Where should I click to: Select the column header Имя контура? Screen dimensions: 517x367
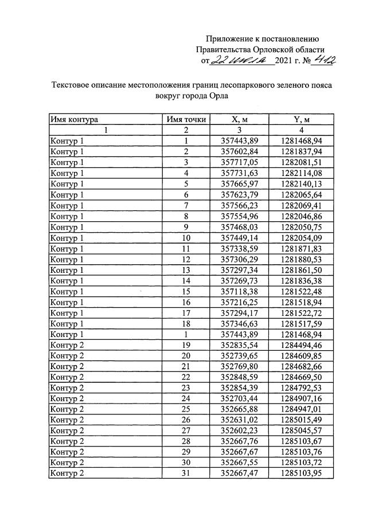point(74,119)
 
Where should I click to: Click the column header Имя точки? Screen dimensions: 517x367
point(186,119)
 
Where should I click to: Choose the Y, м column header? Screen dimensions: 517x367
point(302,119)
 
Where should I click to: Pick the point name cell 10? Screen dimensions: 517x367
point(186,237)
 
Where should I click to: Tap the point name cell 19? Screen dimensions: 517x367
point(186,345)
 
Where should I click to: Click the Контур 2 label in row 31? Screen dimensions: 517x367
point(67,473)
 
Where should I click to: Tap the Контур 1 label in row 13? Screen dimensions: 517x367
point(67,269)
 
